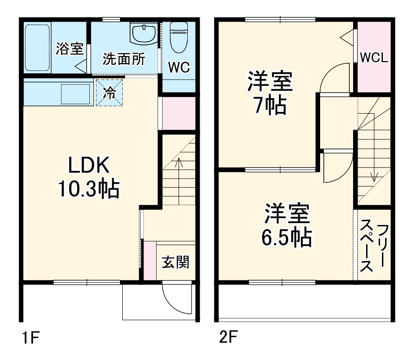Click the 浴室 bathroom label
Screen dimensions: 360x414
pyautogui.click(x=70, y=49)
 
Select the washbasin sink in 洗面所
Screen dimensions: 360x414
pyautogui.click(x=143, y=34)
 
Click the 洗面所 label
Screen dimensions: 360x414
pyautogui.click(x=124, y=59)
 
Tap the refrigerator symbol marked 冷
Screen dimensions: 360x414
pyautogui.click(x=110, y=93)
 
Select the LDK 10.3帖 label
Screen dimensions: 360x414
pyautogui.click(x=88, y=177)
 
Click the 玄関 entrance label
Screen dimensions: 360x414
pyautogui.click(x=176, y=262)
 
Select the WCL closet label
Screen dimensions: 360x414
pyautogui.click(x=374, y=58)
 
